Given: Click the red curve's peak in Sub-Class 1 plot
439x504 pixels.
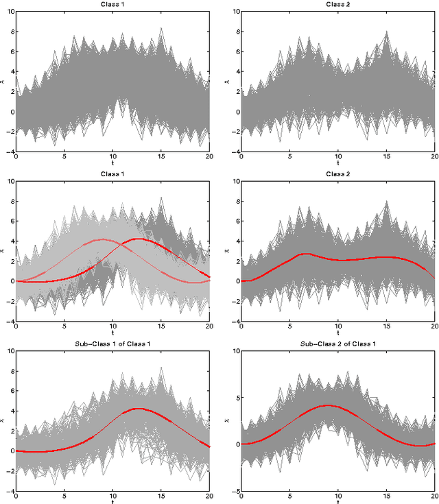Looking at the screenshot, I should tap(139, 409).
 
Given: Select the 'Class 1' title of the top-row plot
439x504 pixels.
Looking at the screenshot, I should tap(112, 4).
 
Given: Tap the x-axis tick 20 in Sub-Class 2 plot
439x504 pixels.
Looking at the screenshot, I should tap(434, 496).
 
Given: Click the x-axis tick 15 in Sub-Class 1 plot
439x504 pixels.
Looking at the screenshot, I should tap(161, 496).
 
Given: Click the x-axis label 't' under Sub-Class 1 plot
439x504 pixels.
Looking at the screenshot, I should tap(112, 502).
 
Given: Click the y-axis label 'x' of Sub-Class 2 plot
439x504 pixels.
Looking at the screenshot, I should tap(226, 420).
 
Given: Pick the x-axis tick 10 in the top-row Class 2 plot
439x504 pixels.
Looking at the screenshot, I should tap(338, 157).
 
